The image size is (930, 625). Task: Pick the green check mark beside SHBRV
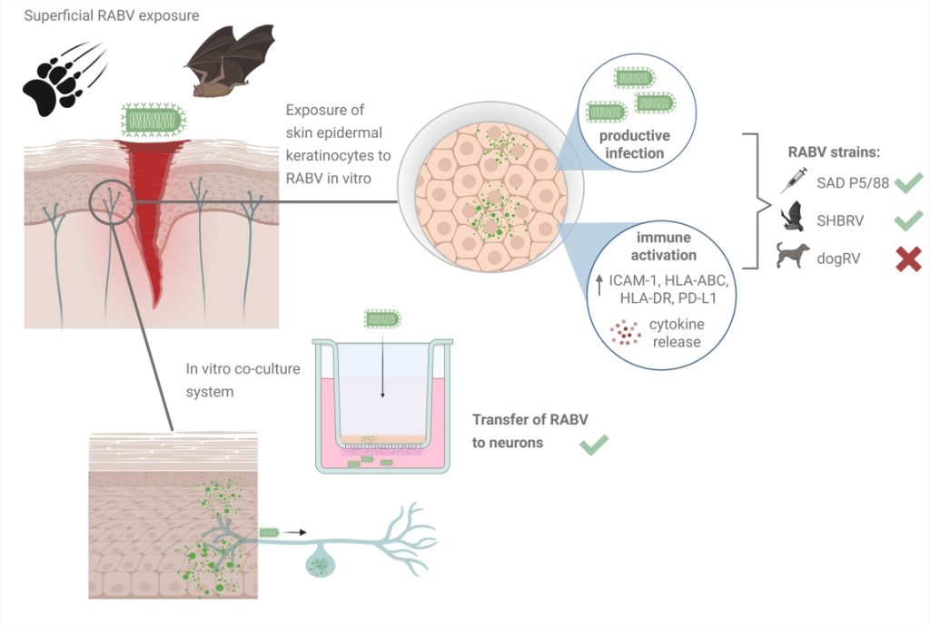(x=908, y=219)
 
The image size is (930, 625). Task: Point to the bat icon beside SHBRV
(x=792, y=218)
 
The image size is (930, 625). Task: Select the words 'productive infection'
(x=635, y=144)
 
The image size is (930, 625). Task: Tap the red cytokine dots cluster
(x=624, y=333)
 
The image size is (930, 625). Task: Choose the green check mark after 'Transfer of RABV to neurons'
(x=593, y=444)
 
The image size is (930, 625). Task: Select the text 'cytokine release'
(x=677, y=333)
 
